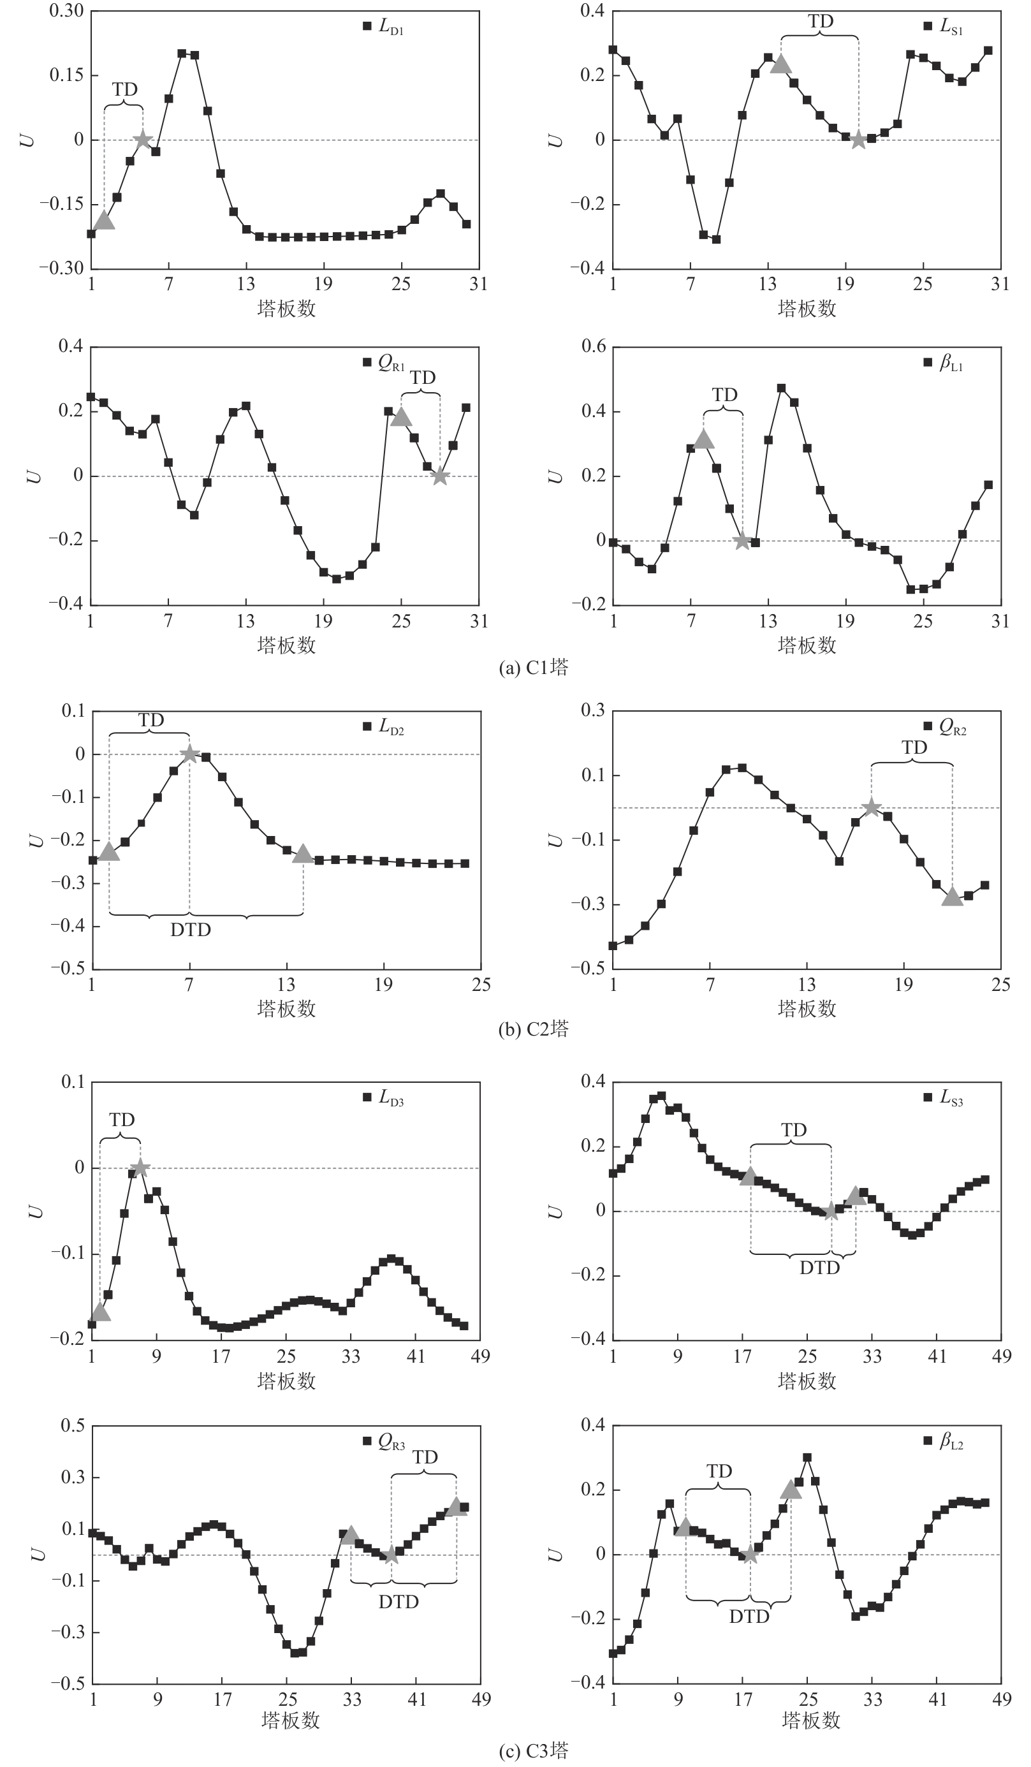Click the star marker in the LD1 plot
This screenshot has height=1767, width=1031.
pyautogui.click(x=143, y=140)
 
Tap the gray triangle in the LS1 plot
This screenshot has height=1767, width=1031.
pyautogui.click(x=781, y=64)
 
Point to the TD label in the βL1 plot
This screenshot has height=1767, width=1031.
pyautogui.click(x=724, y=395)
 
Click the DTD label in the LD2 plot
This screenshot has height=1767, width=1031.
pyautogui.click(x=191, y=930)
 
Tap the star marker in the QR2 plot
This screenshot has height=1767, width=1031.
pyautogui.click(x=871, y=808)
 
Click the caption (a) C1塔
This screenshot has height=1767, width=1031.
pyautogui.click(x=532, y=667)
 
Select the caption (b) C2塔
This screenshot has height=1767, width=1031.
pyautogui.click(x=532, y=1029)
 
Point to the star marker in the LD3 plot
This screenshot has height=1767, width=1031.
pyautogui.click(x=140, y=1168)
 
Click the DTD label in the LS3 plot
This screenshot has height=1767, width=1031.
pyautogui.click(x=819, y=1267)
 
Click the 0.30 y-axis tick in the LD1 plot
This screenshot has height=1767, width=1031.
pyautogui.click(x=66, y=11)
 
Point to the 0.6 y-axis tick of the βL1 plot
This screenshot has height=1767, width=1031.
pyautogui.click(x=592, y=347)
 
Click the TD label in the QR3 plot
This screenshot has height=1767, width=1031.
pyautogui.click(x=425, y=1457)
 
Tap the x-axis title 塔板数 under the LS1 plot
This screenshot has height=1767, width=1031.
pyautogui.click(x=807, y=309)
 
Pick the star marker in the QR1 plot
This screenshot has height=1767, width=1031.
pyautogui.click(x=439, y=476)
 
